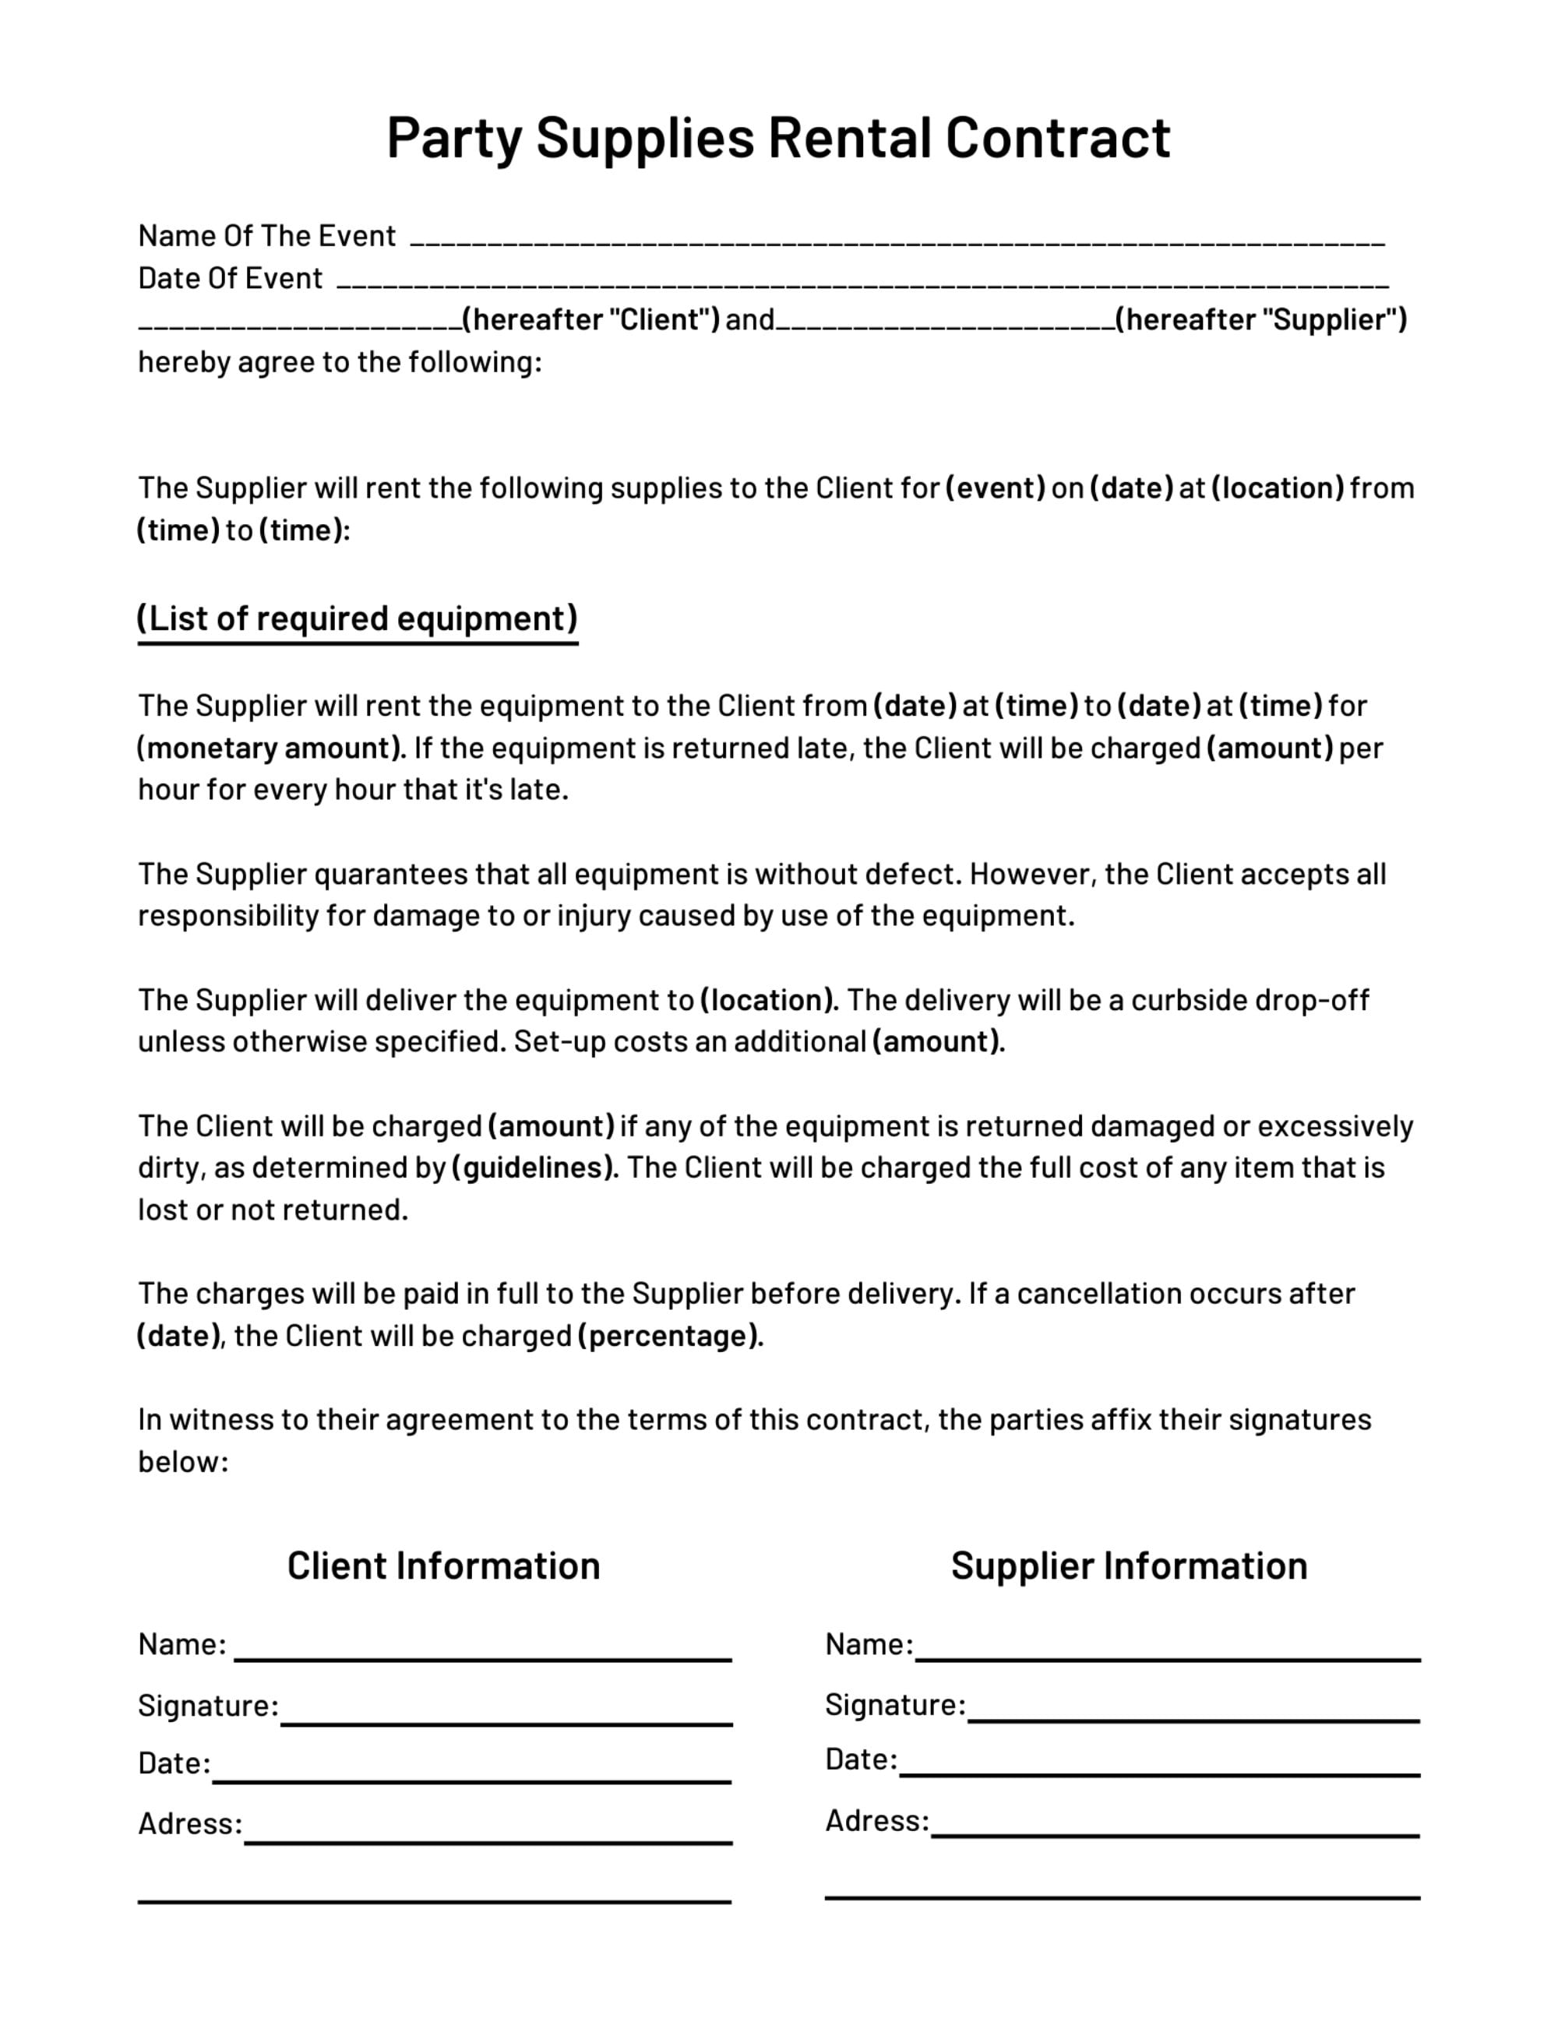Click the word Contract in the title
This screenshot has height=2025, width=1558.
[x=1057, y=137]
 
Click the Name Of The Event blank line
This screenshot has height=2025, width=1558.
[x=897, y=241]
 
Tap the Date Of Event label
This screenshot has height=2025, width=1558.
[x=230, y=278]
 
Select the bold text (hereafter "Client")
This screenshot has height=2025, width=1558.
[x=590, y=320]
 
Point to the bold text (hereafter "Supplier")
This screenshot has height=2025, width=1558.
[x=1261, y=320]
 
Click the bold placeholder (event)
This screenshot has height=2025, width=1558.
[x=995, y=488]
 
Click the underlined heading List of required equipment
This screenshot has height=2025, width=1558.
[x=357, y=618]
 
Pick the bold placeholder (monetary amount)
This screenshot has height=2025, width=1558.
[x=271, y=748]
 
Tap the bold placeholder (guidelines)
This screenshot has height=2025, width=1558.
[x=534, y=1167]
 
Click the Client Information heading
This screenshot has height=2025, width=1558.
[x=443, y=1565]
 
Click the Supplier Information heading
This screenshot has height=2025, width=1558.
[x=1129, y=1565]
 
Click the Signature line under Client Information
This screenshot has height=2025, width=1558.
[x=506, y=1722]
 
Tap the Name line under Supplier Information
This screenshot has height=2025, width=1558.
[x=1168, y=1658]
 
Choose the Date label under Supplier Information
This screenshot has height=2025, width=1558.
[x=861, y=1759]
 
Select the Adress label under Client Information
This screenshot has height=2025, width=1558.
[x=189, y=1824]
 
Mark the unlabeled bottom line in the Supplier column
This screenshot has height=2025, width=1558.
[x=1122, y=1897]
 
